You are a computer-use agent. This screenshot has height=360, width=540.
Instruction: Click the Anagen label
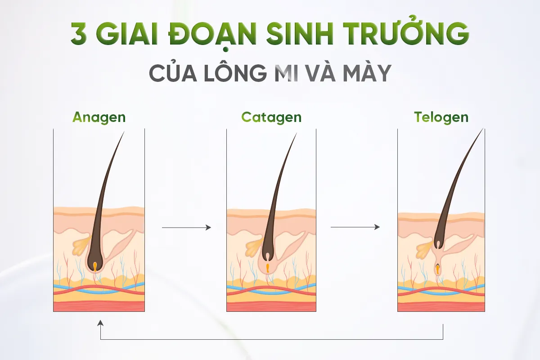[99, 117]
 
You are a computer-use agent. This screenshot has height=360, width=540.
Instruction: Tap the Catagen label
[271, 117]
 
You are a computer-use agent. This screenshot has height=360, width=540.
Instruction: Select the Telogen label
[441, 117]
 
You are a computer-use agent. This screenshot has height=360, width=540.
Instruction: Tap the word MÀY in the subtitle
[367, 73]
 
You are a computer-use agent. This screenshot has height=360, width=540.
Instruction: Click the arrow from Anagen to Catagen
[186, 228]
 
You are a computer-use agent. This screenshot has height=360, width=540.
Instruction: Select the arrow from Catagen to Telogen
[355, 227]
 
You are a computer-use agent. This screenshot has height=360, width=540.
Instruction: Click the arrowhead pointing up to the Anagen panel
[100, 323]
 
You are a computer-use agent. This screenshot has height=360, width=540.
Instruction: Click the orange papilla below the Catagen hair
[267, 268]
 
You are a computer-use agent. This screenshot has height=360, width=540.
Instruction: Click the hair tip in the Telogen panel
[482, 130]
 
